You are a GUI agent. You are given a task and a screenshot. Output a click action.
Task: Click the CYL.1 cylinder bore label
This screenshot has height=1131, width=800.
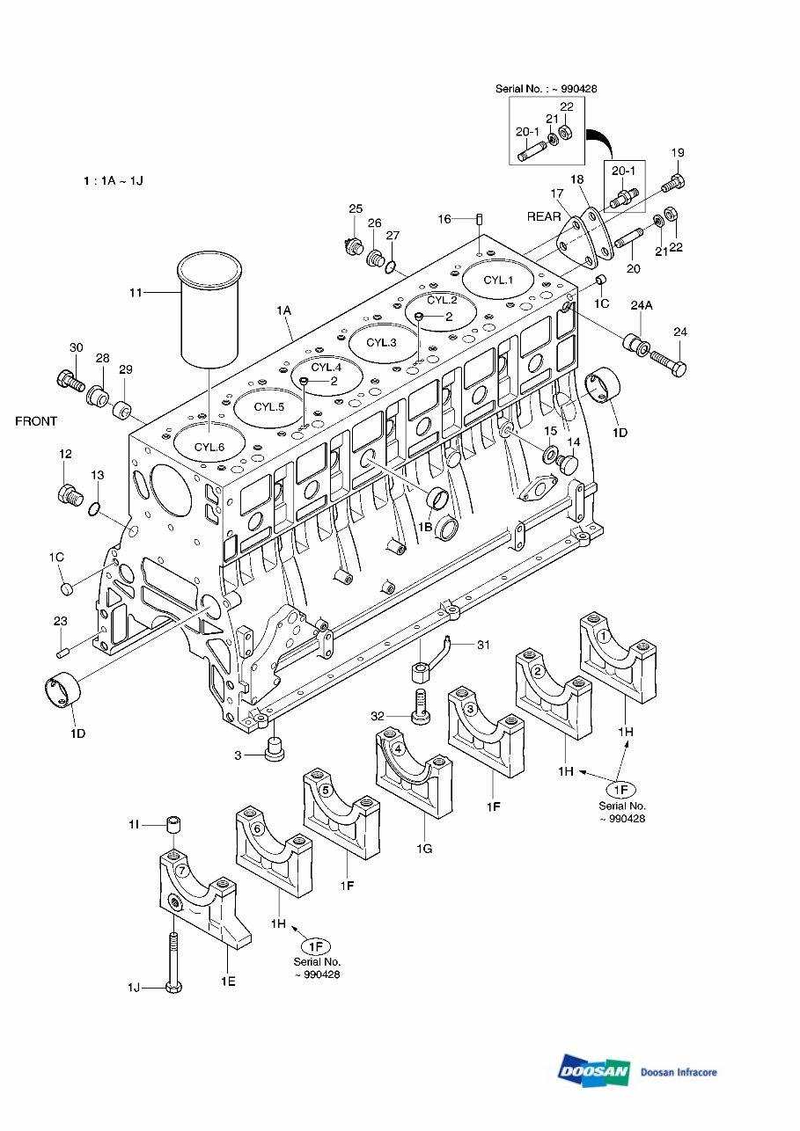498,281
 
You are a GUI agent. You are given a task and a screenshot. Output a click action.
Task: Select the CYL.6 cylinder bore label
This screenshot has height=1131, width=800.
210,447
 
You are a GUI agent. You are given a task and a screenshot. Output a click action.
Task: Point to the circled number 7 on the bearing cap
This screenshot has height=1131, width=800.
181,871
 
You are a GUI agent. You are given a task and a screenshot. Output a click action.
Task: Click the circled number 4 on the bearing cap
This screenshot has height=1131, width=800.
399,749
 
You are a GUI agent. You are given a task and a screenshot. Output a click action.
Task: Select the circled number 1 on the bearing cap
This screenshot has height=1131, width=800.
604,634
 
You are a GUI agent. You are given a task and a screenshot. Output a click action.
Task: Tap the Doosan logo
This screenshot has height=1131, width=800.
594,1070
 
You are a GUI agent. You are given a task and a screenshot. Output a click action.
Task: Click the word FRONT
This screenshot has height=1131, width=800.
36,421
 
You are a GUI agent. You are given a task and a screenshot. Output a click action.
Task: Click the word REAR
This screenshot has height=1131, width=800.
544,216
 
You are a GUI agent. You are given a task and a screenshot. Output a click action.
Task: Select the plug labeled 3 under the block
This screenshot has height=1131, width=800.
274,750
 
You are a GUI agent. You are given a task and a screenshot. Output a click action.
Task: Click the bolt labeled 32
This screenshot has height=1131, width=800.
420,705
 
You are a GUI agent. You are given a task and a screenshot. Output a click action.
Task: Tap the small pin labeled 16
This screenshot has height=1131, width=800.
480,219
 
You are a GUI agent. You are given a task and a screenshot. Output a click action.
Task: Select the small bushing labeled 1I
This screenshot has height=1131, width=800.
174,825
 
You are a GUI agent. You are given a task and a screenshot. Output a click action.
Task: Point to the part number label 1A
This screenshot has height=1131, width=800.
283,311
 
